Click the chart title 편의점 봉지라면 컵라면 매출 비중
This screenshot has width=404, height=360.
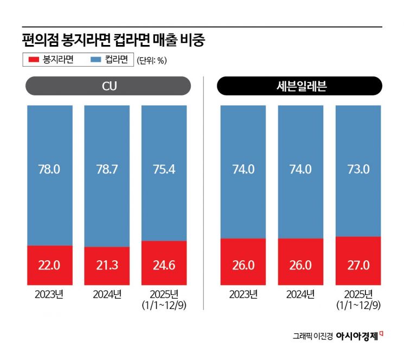point(114,40)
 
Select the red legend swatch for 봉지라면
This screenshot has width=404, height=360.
point(33,60)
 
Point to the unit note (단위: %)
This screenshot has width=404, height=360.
point(151,60)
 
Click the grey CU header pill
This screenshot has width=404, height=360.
point(108,86)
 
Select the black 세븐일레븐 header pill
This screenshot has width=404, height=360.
point(299,86)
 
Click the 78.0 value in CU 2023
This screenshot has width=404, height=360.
point(49,169)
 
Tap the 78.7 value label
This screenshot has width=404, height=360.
point(107,169)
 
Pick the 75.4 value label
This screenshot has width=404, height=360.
point(164,169)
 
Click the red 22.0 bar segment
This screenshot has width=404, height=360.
point(49,265)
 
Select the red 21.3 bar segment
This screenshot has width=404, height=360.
point(107,266)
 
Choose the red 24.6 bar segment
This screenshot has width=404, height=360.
point(164,263)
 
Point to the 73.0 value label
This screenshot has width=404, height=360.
point(358,169)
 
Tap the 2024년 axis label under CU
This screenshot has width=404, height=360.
point(107,295)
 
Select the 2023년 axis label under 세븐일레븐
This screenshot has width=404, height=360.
point(242,295)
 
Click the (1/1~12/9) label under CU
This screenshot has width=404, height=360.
point(164,305)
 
